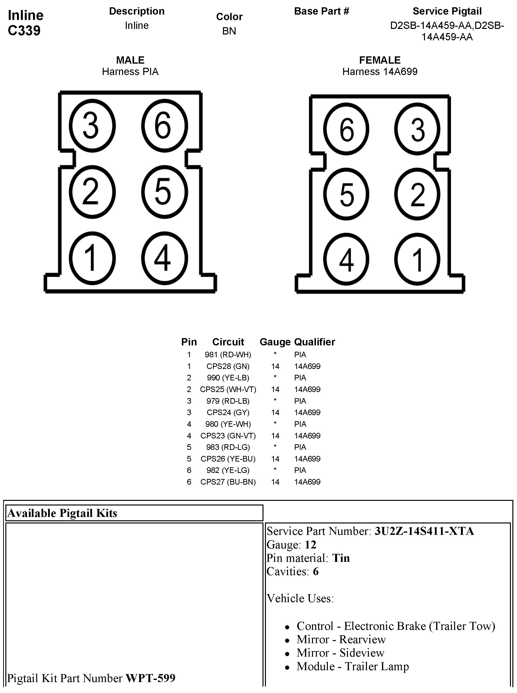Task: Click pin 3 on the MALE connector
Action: (x=92, y=126)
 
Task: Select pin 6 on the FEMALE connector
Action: (x=346, y=129)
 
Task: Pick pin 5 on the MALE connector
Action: (x=164, y=192)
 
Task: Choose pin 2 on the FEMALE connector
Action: (x=417, y=194)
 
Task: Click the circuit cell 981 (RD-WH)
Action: (x=228, y=355)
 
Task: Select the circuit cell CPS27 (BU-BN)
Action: (x=228, y=482)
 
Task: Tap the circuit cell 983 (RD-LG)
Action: (x=228, y=447)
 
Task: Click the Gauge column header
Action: (x=275, y=342)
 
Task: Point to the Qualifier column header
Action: (x=314, y=342)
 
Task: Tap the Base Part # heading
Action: (x=322, y=11)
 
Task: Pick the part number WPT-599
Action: (x=151, y=678)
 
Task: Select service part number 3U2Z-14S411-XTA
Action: (x=424, y=531)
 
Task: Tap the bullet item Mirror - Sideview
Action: (x=340, y=653)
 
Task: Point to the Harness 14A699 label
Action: (x=380, y=72)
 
